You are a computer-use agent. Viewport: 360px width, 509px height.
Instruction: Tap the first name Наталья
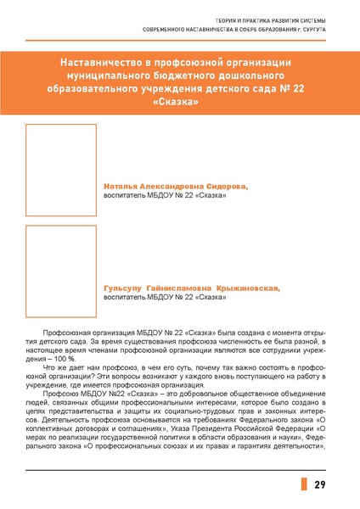[119, 185]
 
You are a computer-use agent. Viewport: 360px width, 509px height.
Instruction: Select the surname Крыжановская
[246, 288]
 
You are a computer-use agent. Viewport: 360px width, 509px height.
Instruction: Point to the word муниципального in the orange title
[109, 76]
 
